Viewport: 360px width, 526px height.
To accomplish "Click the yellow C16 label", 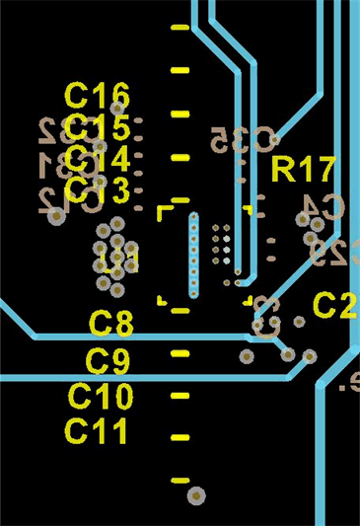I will point(97,96).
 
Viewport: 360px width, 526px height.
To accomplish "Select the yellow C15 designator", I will point(97,127).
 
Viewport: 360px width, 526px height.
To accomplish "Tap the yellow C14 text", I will point(97,158).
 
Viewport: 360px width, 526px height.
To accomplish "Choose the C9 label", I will point(108,360).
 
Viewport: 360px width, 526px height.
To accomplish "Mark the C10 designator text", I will point(100,397).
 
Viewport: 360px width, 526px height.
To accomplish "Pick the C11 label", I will point(97,430).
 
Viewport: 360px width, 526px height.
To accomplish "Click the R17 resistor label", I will point(304,170).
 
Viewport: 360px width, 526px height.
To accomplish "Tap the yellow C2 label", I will point(334,305).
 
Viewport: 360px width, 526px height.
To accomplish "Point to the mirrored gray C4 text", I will point(322,206).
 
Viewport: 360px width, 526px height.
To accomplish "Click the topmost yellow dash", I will point(180,28).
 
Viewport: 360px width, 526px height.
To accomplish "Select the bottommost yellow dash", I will point(180,480).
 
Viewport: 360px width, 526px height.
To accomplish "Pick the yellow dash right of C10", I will point(180,396).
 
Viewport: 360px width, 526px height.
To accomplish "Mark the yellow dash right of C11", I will point(180,436).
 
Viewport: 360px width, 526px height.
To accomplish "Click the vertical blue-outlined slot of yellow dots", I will point(193,255).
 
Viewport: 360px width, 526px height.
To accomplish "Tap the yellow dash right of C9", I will point(180,352).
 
